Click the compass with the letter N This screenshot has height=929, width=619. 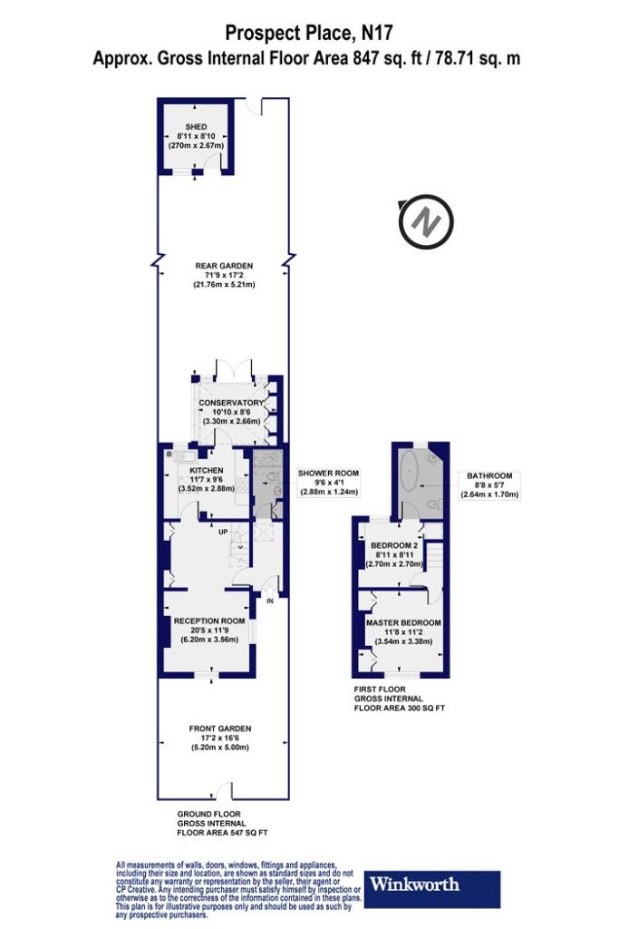point(426,222)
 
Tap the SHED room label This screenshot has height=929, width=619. point(196,127)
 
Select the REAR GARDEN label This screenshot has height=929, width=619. point(224,266)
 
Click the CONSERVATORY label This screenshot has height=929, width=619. point(231,403)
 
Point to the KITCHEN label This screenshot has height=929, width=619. point(207,471)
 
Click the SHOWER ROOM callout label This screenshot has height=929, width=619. point(328,474)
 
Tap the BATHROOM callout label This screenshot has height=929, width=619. point(489,475)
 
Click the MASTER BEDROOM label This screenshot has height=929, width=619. point(403,623)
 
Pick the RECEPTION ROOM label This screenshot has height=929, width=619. point(208,621)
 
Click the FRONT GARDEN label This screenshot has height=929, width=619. point(220,729)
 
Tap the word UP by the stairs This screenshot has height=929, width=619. point(223,532)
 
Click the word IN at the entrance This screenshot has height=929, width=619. point(270,601)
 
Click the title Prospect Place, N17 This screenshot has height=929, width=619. point(309,33)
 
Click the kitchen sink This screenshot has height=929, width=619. point(181,455)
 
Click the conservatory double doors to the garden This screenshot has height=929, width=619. point(235,369)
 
